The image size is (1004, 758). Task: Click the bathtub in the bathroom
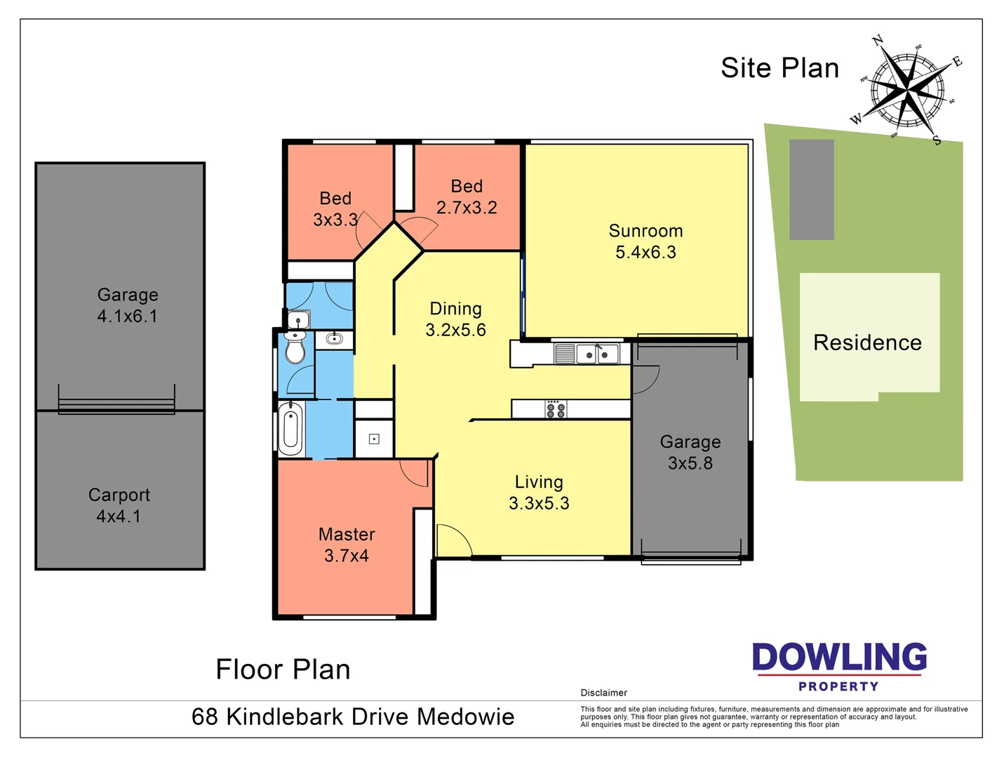tap(290, 428)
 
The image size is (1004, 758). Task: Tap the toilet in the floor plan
tap(295, 348)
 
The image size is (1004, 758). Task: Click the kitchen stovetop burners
tap(556, 409)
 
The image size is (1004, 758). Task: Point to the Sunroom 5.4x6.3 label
tap(645, 241)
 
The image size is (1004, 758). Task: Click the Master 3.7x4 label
tap(347, 545)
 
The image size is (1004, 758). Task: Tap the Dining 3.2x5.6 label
tap(455, 319)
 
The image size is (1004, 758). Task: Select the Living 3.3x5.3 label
tap(539, 492)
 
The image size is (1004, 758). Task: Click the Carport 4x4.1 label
tap(119, 505)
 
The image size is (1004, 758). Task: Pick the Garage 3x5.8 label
tap(690, 452)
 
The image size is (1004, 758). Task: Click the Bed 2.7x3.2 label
tap(467, 197)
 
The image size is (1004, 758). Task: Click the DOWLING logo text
tap(839, 658)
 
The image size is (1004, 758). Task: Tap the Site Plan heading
tap(779, 68)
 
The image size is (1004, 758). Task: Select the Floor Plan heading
tap(283, 670)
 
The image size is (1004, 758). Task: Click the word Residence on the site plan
tap(867, 343)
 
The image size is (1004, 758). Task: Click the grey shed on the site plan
tap(812, 189)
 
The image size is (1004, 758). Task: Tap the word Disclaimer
tap(603, 693)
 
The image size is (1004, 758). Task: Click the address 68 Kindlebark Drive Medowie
tap(353, 717)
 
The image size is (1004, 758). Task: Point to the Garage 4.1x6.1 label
tap(128, 305)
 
